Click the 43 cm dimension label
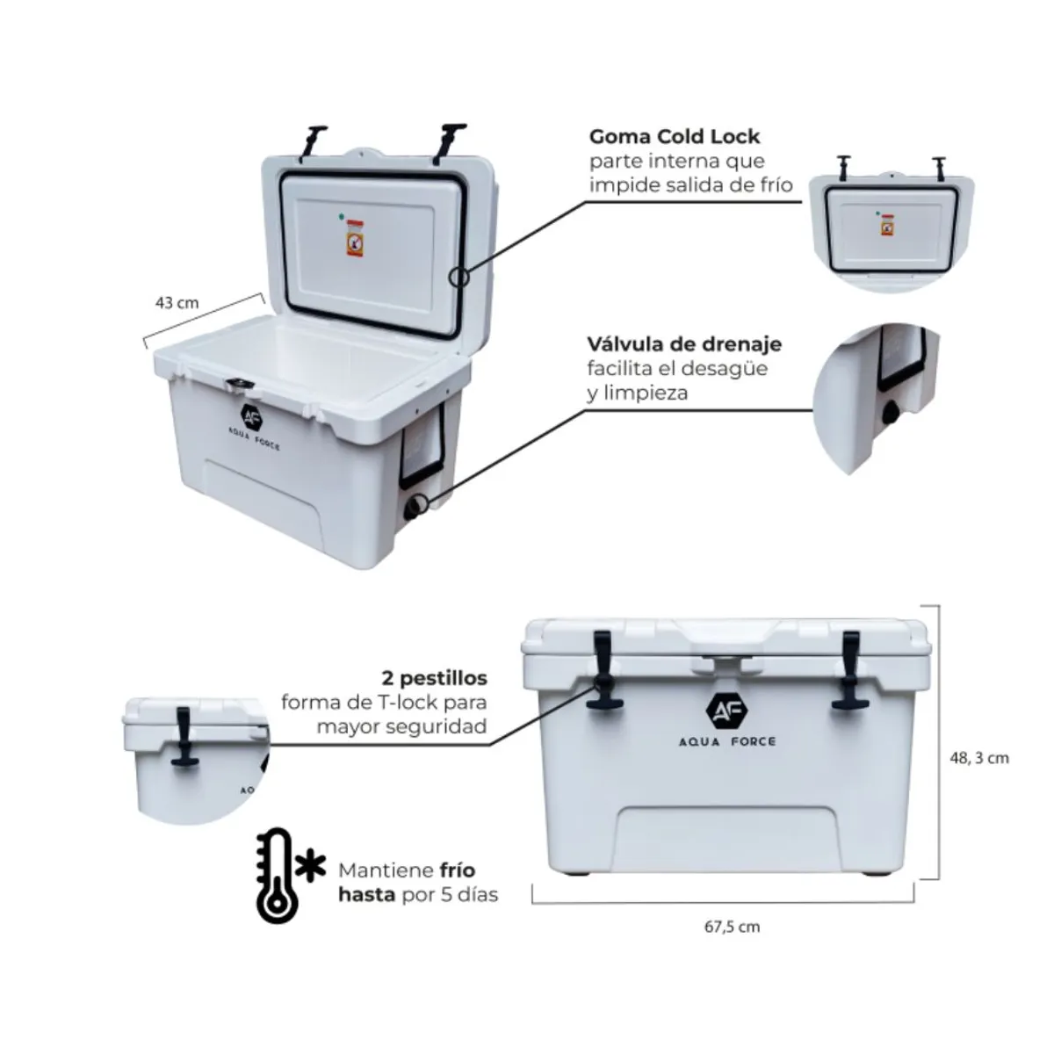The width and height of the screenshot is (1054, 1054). point(177,303)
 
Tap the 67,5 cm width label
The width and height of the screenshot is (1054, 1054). point(732,927)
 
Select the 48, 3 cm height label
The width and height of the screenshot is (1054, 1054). point(979,757)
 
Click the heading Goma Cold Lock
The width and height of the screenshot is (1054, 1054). point(674,137)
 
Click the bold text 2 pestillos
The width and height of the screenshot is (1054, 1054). point(434,679)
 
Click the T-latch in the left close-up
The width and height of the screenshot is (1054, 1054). point(184,740)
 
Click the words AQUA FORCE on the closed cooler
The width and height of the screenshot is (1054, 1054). point(726,742)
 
